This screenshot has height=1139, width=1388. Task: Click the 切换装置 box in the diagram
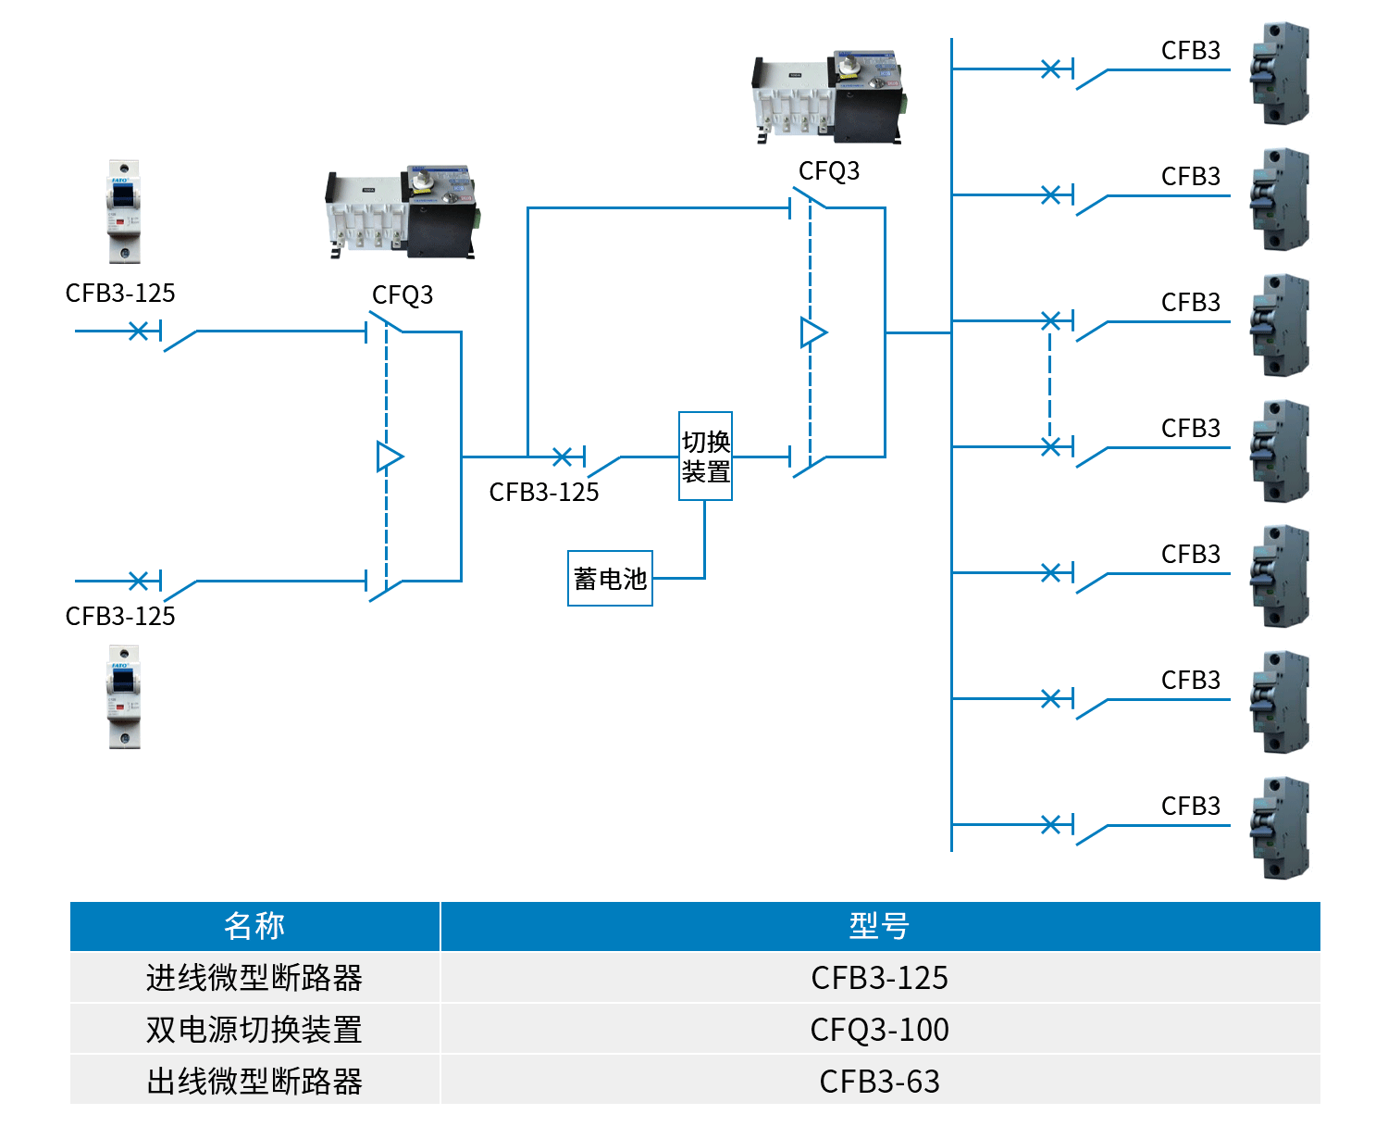tap(705, 456)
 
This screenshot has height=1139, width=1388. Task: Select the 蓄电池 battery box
tap(610, 579)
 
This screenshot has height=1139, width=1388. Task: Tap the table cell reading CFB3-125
tap(879, 978)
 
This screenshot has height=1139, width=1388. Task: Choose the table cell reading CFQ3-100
tap(879, 1030)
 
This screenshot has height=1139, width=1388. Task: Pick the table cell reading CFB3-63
tap(879, 1081)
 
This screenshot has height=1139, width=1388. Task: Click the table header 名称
tap(254, 926)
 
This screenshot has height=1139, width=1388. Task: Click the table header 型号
tap(879, 926)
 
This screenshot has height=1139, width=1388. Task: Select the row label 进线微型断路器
tap(254, 978)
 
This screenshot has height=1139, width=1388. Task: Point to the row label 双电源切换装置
tap(254, 1030)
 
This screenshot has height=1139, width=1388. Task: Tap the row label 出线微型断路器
tap(254, 1081)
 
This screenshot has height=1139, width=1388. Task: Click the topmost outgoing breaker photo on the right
tap(1281, 73)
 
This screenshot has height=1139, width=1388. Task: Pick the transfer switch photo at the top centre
tap(828, 97)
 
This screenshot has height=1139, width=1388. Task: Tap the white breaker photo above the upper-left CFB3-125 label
tap(123, 211)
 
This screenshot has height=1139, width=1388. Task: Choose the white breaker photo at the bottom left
tap(123, 696)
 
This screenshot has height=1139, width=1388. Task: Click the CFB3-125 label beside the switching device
tap(544, 492)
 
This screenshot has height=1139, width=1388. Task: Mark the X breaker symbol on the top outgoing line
tap(1050, 69)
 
